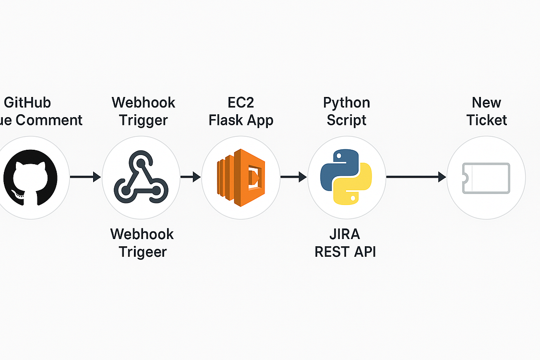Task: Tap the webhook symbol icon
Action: [141, 178]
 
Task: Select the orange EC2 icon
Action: [240, 178]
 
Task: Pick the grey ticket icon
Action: [486, 178]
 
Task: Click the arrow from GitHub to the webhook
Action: [85, 178]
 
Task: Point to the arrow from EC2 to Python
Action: [293, 178]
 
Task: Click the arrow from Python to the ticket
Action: [416, 178]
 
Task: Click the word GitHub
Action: [27, 103]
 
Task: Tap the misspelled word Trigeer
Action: [143, 252]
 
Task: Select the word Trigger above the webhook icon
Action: [144, 120]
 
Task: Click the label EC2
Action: [241, 103]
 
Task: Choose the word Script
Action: [347, 120]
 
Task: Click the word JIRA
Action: [345, 234]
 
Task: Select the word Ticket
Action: [487, 120]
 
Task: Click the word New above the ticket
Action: [487, 103]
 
